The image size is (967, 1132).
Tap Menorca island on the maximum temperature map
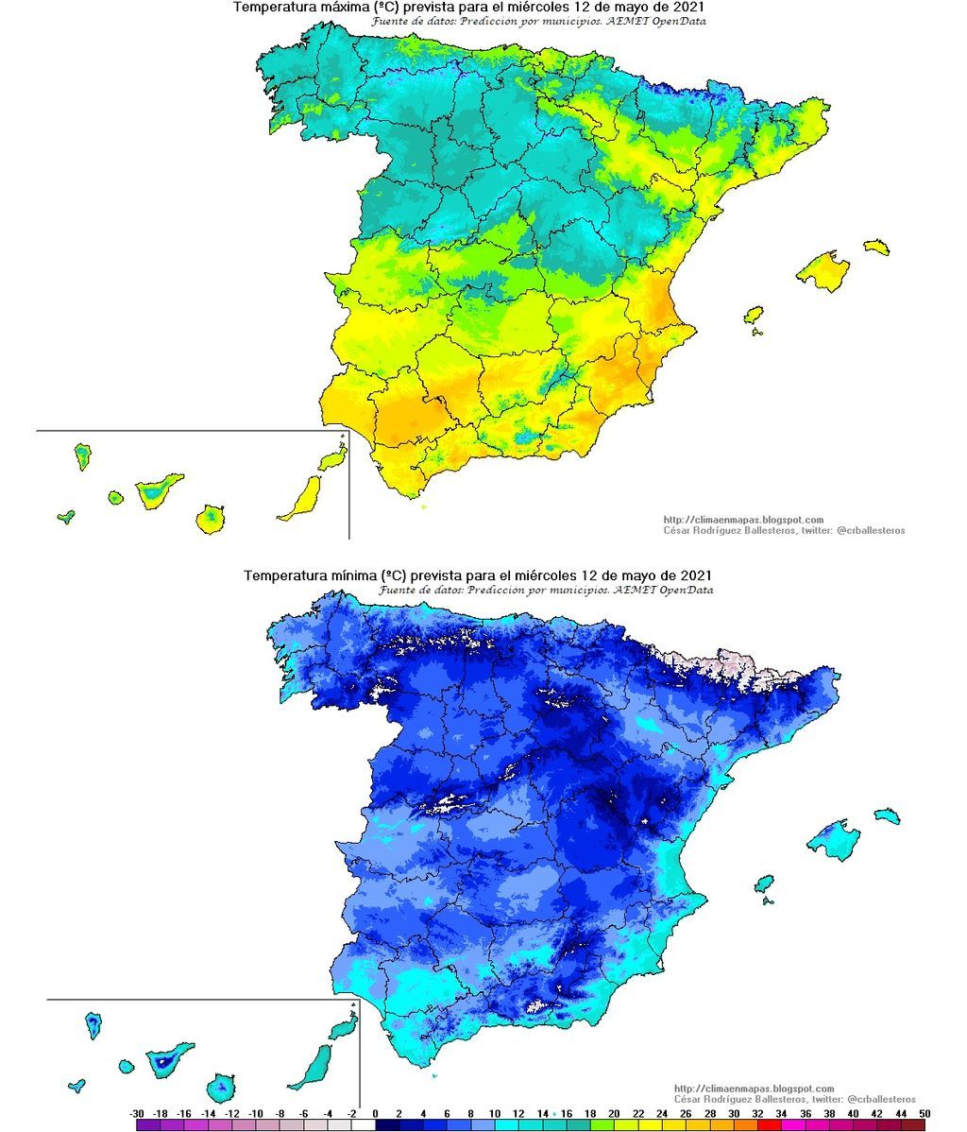click(876, 248)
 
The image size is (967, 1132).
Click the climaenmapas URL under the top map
click(743, 520)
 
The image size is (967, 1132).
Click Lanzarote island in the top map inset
click(332, 460)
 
